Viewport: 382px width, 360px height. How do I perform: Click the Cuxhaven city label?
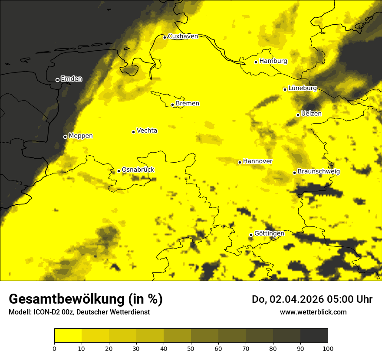[183, 36]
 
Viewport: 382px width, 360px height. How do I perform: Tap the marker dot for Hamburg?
[256, 62]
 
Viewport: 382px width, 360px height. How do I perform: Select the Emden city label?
[71, 79]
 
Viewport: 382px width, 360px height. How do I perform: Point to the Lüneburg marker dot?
[285, 89]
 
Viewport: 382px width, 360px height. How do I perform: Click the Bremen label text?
[188, 104]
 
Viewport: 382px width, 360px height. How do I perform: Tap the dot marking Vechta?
[134, 132]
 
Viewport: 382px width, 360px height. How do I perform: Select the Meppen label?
[81, 136]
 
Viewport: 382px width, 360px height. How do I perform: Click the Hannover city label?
[257, 161]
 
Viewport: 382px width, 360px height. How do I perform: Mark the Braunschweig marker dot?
[294, 173]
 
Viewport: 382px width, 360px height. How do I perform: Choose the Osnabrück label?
[138, 170]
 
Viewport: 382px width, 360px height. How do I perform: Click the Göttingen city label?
[269, 233]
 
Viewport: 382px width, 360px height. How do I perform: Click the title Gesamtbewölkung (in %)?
[86, 299]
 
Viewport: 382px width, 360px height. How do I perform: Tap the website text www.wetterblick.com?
[313, 312]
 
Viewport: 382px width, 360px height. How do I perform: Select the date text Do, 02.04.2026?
[288, 299]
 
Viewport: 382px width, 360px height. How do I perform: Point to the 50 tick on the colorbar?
[191, 348]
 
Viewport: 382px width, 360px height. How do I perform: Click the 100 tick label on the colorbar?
[328, 348]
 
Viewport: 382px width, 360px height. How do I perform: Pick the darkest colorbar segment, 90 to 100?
[314, 335]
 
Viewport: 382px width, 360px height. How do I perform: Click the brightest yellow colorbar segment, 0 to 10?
[68, 335]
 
